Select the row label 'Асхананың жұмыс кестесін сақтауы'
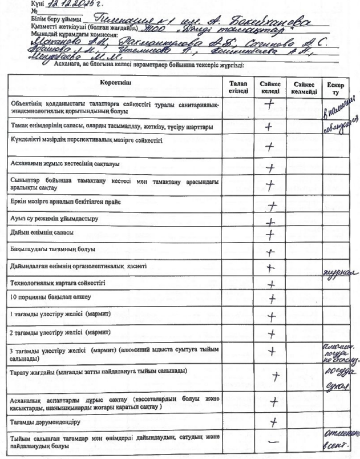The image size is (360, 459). (64, 164)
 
